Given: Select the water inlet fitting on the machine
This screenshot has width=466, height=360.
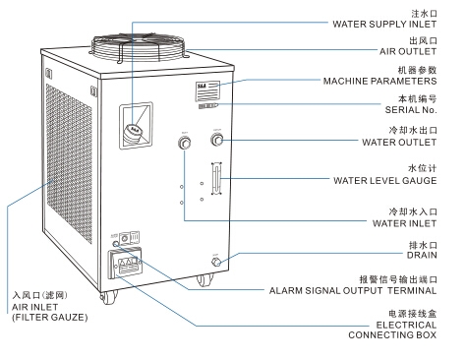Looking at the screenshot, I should [x=184, y=145].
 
